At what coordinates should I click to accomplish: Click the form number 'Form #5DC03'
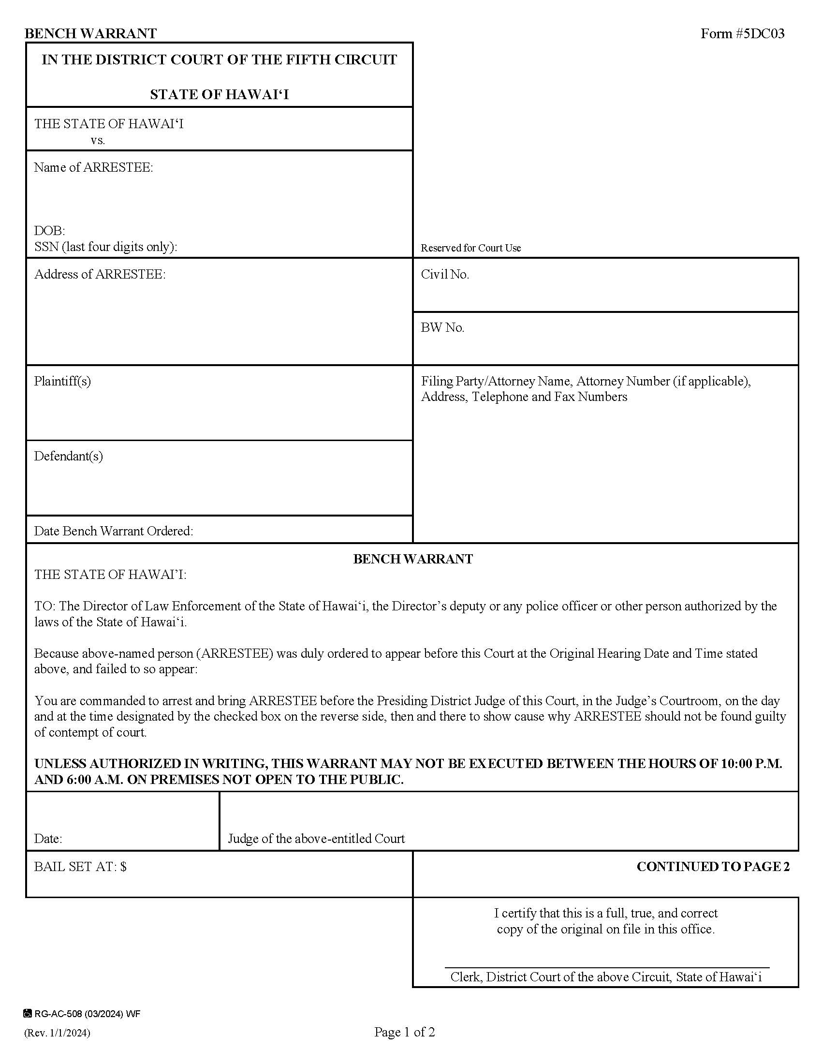(742, 34)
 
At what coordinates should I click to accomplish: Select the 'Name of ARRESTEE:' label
(93, 168)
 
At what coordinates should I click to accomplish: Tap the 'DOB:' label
(49, 230)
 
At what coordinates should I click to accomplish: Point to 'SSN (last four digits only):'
(106, 247)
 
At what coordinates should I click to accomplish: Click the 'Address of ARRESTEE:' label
(100, 274)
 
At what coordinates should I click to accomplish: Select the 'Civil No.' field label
(444, 274)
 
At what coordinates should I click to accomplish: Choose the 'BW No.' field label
(442, 327)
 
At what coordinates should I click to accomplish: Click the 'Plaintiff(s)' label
(62, 381)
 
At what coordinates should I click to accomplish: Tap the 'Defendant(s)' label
(68, 456)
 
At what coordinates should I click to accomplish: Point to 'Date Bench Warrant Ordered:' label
(114, 531)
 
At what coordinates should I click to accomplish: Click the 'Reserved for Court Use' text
(470, 248)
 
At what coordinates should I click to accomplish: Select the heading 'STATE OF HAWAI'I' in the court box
(219, 94)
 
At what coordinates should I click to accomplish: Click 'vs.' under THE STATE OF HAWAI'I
(98, 141)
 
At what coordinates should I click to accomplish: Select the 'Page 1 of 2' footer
(404, 1032)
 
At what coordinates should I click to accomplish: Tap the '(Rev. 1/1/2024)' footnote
(57, 1033)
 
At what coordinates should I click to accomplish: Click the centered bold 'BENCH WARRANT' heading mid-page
(412, 559)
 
